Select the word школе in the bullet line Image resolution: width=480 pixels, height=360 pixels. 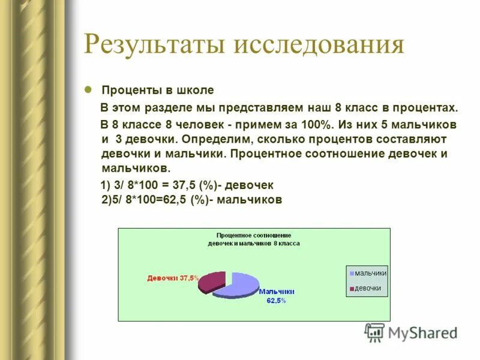(x=194, y=91)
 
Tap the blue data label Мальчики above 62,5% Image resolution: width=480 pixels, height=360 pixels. (x=277, y=292)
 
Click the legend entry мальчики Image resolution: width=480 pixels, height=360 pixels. (x=370, y=274)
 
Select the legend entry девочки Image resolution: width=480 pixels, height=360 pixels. (x=368, y=289)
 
